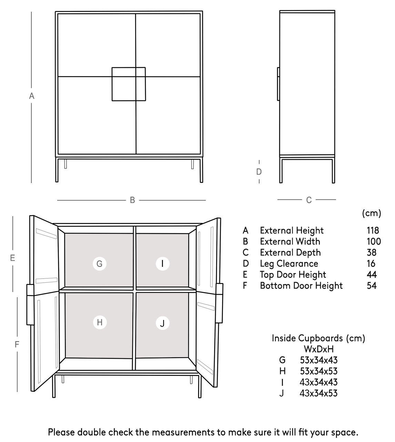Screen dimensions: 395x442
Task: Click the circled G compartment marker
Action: click(100, 263)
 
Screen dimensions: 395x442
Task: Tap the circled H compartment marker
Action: click(100, 322)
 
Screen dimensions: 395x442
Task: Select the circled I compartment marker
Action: click(162, 263)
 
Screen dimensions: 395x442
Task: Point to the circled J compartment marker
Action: click(162, 323)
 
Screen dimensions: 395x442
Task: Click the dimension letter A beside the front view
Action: click(32, 96)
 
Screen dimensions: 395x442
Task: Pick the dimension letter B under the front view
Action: click(132, 200)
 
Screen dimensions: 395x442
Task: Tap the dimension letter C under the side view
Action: click(309, 200)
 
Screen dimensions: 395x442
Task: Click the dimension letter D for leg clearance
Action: click(259, 172)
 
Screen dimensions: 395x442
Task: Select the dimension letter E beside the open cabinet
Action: click(13, 258)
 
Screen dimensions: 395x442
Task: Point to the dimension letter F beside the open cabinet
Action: click(17, 344)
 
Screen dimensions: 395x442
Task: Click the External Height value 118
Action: click(373, 230)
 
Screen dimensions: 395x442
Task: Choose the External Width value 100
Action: click(374, 241)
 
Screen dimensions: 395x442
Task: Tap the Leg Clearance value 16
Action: click(371, 263)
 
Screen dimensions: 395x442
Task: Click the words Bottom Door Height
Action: click(301, 285)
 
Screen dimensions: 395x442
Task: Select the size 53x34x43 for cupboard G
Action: click(319, 360)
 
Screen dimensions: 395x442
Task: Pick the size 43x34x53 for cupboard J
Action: click(319, 393)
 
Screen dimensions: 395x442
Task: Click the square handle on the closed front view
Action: click(129, 84)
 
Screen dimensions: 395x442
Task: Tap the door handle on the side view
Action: click(278, 84)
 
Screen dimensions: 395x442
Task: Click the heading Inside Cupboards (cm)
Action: click(318, 338)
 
